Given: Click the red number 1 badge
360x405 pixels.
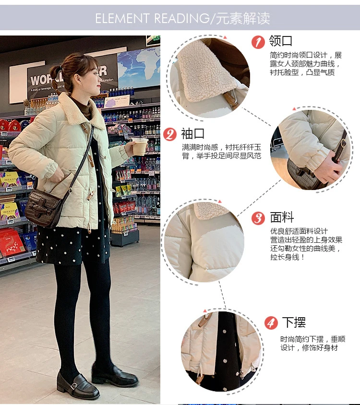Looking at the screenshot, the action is pos(258,42).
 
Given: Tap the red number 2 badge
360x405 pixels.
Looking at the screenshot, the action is pos(170,134).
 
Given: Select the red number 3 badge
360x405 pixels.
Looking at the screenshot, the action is pos(258,218).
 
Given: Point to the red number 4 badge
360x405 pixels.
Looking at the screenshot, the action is pos(271,322).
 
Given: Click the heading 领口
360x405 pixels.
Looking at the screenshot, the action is pos(281,41).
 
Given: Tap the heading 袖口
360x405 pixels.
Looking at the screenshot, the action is pos(192,133).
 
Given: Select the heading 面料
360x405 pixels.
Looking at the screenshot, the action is pos(282,217).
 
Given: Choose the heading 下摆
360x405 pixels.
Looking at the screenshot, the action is pos(294,322).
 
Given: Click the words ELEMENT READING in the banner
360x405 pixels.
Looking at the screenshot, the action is pos(152,18).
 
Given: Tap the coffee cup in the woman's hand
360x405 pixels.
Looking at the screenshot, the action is pos(140,147).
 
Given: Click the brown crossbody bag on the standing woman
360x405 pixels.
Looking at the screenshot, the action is pos(43,208).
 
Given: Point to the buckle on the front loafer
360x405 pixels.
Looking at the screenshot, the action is pos(74,386).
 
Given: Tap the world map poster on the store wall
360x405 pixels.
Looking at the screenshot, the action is pos(139,67).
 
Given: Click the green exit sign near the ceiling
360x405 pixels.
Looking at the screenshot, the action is pos(153,39).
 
